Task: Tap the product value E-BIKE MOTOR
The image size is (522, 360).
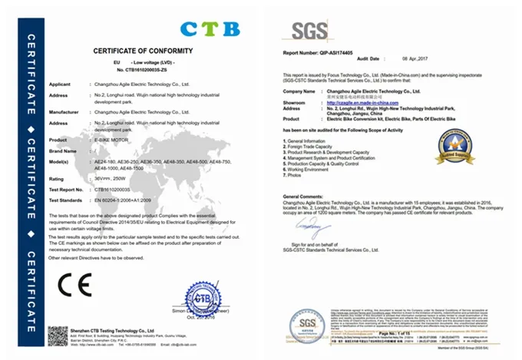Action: click(111, 141)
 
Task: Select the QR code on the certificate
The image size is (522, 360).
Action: click(58, 335)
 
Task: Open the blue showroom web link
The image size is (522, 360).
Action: click(366, 102)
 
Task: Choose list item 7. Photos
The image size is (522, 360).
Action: click(296, 176)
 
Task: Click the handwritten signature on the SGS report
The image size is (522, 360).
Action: click(314, 227)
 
